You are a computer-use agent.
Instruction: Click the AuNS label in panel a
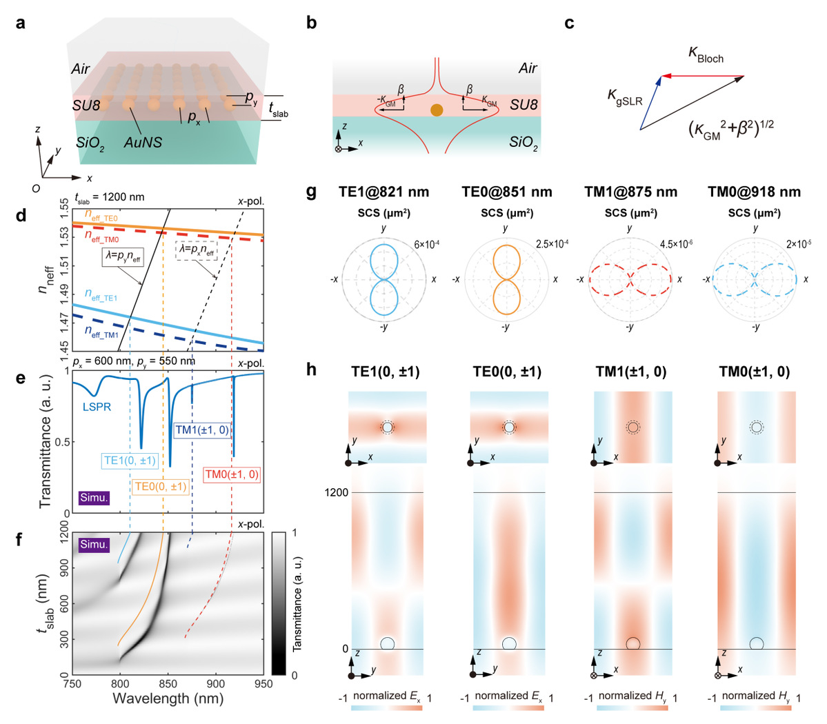pos(143,143)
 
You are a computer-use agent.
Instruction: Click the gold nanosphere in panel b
pos(436,110)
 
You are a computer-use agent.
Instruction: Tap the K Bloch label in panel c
pos(706,54)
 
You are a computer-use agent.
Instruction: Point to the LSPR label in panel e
pos(97,407)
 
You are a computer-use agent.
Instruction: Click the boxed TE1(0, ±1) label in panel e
pos(130,461)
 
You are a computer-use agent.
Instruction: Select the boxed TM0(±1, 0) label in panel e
pos(232,474)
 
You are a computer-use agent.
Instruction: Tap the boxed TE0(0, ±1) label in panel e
pos(161,487)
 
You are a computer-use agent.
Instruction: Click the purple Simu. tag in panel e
pos(94,496)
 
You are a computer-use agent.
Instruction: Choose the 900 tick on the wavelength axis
pos(216,683)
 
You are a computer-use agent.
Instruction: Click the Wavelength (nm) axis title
pos(168,698)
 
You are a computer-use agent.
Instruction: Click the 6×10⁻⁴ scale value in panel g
pos(427,245)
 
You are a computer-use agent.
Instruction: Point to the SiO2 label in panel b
pos(523,143)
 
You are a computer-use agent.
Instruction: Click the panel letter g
pos(311,191)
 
